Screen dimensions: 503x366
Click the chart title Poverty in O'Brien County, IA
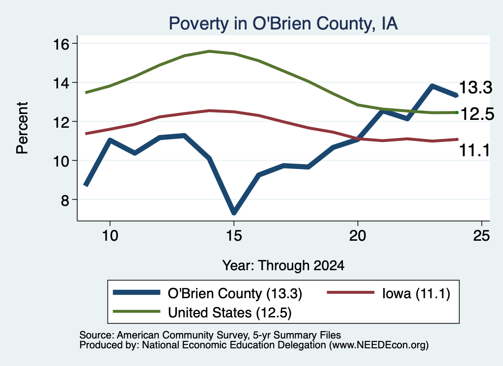(x=283, y=24)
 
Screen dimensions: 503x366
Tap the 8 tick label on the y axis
(x=65, y=200)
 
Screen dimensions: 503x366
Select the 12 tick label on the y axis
(x=61, y=122)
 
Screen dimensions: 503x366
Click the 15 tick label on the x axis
(x=234, y=236)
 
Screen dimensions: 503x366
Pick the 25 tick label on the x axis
(x=481, y=236)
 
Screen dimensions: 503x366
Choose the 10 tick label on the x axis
(x=110, y=236)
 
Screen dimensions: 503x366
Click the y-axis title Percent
(x=22, y=128)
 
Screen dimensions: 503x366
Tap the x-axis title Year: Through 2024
(x=283, y=266)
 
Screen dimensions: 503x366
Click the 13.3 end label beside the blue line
(x=475, y=87)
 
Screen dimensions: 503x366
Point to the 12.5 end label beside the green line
(x=477, y=114)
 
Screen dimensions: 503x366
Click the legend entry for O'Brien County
(x=208, y=293)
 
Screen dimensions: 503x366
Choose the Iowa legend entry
(x=389, y=293)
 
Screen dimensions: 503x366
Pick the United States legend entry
(x=202, y=312)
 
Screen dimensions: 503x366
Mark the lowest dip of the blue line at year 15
(x=234, y=212)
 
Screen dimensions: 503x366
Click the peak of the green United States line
(x=209, y=51)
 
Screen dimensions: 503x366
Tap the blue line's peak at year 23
(x=432, y=85)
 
